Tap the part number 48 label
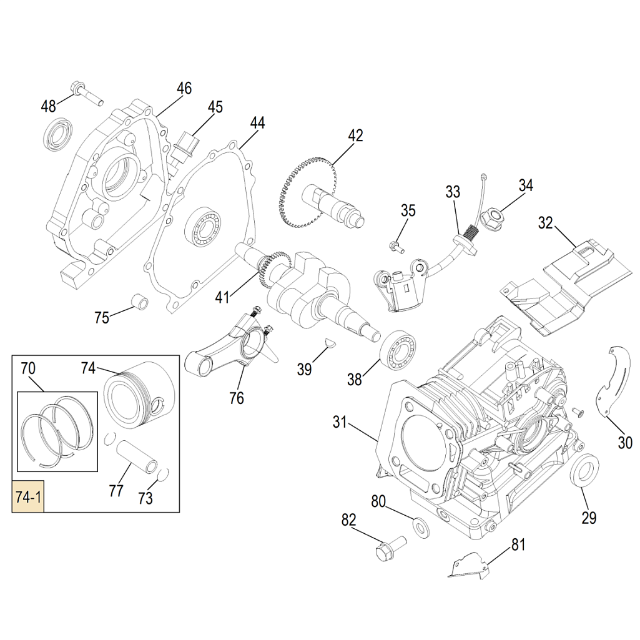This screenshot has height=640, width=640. point(49,106)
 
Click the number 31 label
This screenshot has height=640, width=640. point(339,423)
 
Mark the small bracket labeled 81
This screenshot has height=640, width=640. point(469,566)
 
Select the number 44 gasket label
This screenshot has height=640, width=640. point(257,122)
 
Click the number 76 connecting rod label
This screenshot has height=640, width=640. point(237,397)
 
